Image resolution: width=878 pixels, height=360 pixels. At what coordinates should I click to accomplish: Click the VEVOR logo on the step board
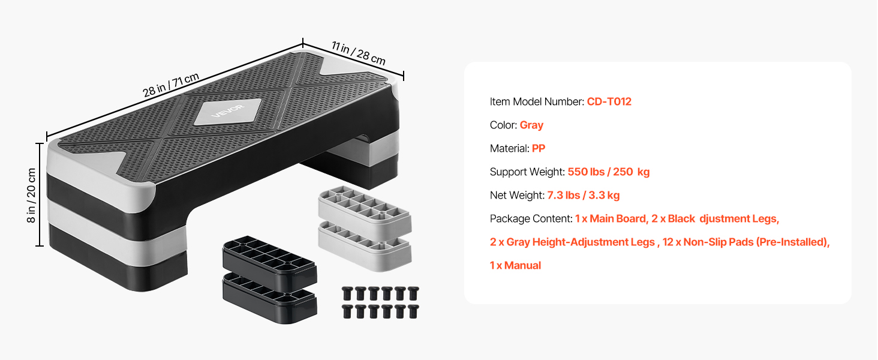(228, 111)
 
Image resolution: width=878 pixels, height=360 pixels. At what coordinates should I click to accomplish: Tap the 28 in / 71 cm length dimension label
(171, 85)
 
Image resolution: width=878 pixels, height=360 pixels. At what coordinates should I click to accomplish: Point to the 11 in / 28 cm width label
(359, 53)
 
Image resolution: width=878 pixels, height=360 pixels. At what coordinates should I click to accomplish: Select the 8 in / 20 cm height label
(31, 195)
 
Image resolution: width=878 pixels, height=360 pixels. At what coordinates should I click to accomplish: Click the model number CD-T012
(609, 101)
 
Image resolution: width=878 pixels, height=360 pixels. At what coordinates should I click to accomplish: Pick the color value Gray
(531, 125)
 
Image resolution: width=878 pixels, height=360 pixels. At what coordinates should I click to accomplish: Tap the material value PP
(539, 148)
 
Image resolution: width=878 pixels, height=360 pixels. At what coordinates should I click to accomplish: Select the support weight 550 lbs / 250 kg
(609, 172)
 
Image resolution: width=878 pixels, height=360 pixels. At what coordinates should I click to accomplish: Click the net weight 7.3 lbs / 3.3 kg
(584, 195)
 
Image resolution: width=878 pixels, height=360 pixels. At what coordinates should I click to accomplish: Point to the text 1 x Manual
(515, 265)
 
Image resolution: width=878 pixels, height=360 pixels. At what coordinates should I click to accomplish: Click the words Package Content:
(531, 219)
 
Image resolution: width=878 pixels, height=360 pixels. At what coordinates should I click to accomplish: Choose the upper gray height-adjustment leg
(365, 208)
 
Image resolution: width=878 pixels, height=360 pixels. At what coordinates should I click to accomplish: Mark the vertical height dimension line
(40, 195)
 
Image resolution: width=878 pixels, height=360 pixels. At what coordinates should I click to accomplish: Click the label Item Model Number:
(537, 101)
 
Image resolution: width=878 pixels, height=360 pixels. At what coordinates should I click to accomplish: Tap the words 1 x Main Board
(611, 219)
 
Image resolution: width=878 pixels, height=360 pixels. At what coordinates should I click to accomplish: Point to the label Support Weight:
(527, 172)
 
